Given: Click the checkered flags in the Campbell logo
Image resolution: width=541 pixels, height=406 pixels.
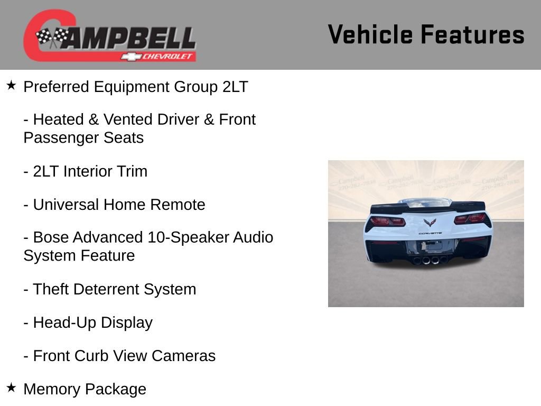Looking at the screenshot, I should [52, 38].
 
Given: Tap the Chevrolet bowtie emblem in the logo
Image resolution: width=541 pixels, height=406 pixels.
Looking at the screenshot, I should [130, 56].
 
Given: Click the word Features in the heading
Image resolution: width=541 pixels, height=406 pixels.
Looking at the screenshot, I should [472, 34].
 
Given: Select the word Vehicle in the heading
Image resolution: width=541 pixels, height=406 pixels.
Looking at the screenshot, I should [370, 34].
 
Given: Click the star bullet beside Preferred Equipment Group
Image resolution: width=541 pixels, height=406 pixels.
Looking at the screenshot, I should [11, 85].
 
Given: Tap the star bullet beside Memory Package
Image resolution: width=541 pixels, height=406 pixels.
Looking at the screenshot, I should [11, 387].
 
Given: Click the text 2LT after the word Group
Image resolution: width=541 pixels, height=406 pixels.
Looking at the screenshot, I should [235, 87].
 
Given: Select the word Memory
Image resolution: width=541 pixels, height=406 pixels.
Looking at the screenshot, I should [52, 389].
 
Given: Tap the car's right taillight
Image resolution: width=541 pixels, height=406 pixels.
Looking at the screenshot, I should [470, 218].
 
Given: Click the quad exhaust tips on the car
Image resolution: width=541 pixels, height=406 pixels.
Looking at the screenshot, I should [427, 260].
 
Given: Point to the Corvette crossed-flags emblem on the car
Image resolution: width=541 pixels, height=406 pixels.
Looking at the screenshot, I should [430, 223].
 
